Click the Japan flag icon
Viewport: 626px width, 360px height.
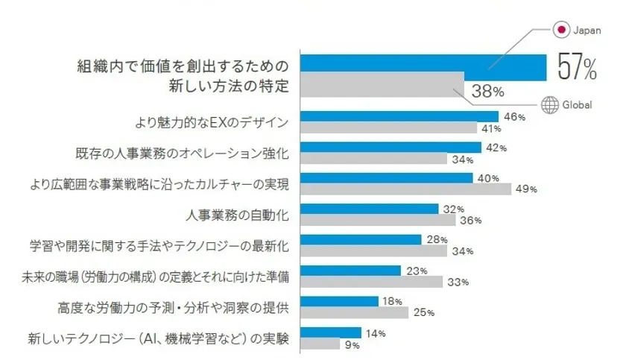tap(560, 30)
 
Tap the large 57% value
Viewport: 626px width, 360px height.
tap(577, 68)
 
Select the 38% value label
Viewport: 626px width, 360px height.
tap(487, 92)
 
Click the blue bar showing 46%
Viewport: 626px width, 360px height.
tap(399, 117)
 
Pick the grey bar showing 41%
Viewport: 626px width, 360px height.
tap(388, 128)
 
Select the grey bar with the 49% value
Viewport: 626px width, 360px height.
tap(405, 189)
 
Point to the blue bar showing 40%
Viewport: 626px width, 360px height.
tap(386, 178)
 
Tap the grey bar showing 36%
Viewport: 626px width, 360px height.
tap(377, 220)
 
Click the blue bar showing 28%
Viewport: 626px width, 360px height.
tap(360, 239)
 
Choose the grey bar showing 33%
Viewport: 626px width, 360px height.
tap(371, 281)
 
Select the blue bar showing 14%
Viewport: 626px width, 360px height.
tap(330, 332)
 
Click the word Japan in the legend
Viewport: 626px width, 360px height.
tap(586, 31)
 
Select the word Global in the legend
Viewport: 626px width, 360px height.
tap(578, 106)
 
